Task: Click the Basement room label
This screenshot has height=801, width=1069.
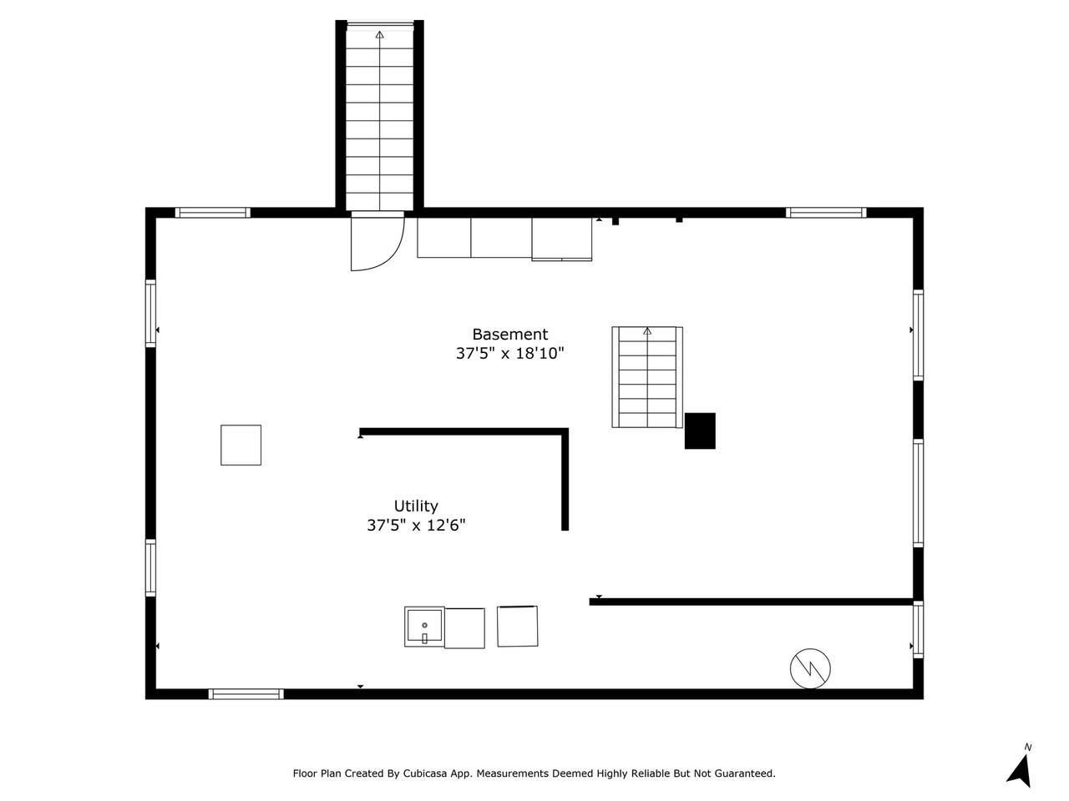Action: click(509, 335)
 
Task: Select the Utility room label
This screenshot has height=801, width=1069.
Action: click(416, 506)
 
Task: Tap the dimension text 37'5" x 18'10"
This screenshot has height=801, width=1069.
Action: click(509, 354)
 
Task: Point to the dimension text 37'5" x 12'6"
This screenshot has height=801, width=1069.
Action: click(416, 526)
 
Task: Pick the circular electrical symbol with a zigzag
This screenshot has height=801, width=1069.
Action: click(810, 667)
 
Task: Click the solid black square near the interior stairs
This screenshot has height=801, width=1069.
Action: click(700, 431)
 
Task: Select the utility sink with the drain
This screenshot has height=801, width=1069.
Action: click(424, 627)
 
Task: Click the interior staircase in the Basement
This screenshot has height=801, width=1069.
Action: click(647, 377)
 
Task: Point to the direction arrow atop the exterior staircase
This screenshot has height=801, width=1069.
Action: click(380, 35)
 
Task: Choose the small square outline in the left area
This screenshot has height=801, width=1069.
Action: click(241, 445)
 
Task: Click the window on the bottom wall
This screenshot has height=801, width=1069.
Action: click(246, 693)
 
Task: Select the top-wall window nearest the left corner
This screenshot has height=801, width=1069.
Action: click(213, 213)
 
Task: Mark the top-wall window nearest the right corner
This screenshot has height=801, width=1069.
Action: click(826, 213)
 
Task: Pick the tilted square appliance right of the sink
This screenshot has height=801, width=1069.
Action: click(518, 626)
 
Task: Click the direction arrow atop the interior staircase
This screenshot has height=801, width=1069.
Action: click(647, 331)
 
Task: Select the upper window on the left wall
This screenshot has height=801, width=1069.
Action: click(151, 313)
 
